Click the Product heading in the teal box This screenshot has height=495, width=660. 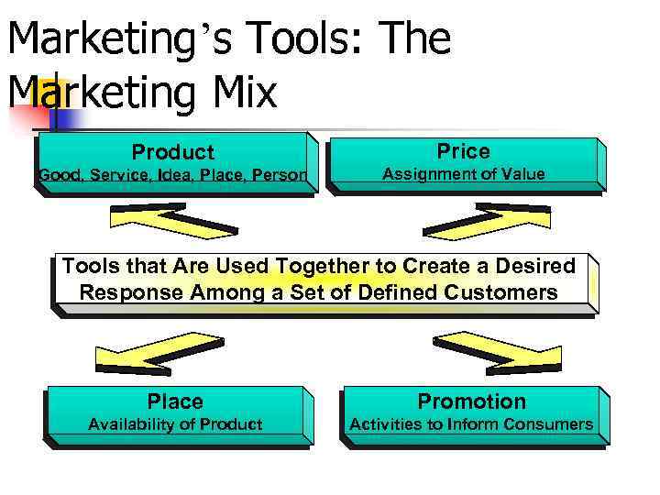[x=172, y=152]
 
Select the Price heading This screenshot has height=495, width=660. [x=463, y=150]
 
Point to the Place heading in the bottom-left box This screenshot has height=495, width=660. [x=175, y=401]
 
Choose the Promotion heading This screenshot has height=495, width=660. [x=471, y=401]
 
